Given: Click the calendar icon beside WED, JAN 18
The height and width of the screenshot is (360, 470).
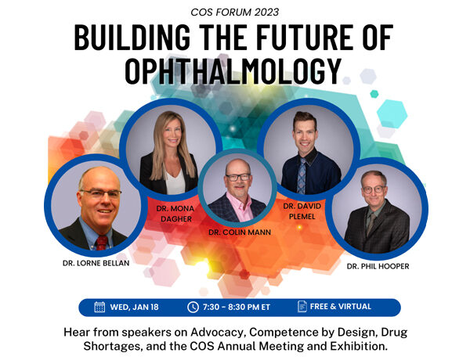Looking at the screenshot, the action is click(99, 307).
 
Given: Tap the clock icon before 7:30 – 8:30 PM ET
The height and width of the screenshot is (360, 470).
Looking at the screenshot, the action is click(193, 307).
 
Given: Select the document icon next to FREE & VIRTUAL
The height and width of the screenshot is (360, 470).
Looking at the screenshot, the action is click(302, 306).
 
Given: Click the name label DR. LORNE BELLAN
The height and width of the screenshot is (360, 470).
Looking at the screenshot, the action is click(96, 263).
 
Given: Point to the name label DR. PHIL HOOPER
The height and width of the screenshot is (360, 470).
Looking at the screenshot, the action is click(378, 266).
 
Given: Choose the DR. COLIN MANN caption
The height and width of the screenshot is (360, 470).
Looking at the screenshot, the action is click(240, 232).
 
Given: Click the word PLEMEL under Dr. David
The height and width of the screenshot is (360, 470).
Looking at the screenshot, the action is click(302, 216).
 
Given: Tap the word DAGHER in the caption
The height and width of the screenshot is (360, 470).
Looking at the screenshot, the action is click(176, 219).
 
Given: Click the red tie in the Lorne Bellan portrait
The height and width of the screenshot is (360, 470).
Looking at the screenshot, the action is click(101, 243).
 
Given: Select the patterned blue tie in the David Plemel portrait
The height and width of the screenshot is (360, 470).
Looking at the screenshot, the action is click(302, 176).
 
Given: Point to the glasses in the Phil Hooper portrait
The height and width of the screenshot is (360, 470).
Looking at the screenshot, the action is click(373, 189).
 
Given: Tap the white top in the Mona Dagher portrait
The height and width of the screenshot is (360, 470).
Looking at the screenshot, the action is click(175, 182).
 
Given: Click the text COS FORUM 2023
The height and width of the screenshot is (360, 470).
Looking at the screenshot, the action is click(235, 13).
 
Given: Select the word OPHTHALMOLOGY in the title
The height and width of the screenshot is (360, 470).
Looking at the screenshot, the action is click(233, 70).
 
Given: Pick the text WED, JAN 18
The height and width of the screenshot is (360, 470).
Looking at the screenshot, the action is click(134, 307).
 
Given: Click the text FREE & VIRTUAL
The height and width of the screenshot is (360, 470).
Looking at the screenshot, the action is click(341, 306).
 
